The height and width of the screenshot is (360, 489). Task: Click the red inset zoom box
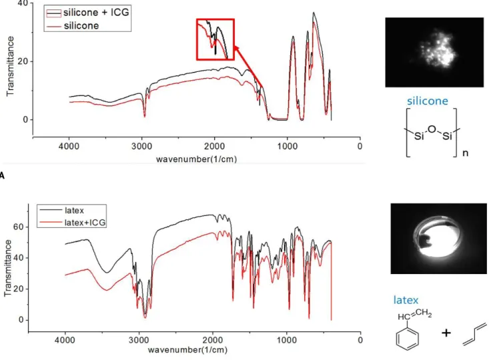pos(215,39)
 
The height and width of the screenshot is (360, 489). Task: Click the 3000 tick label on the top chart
pos(141,146)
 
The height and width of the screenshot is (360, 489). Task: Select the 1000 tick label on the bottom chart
pos(286,339)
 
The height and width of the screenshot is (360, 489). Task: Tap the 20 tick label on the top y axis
pos(23,61)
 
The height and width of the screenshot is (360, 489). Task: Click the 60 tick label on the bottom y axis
pos(19,227)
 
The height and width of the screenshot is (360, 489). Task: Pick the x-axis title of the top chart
pos(197,159)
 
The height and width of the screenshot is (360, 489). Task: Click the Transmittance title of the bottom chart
pos(8,268)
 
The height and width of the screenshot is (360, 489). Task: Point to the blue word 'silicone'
pos(427,101)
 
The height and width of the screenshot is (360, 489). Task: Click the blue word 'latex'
pos(406,300)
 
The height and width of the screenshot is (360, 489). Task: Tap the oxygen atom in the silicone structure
pos(432,129)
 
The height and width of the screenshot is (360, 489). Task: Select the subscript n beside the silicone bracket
pos(465,153)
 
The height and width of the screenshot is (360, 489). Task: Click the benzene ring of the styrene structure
pos(408,339)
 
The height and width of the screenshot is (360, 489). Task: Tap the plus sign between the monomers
pos(446,333)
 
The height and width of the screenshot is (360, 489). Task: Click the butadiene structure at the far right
pos(474,334)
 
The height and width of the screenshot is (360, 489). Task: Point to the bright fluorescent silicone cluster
pos(436,50)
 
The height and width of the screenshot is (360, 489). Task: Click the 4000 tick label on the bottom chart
pos(65,339)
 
